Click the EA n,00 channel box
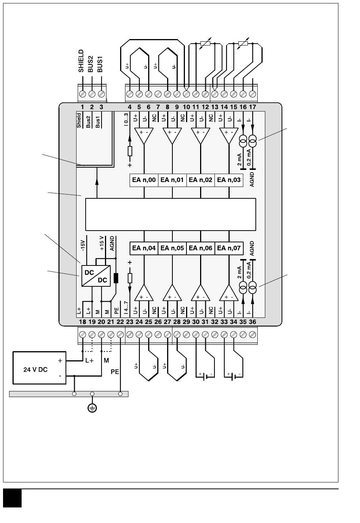pyautogui.click(x=144, y=180)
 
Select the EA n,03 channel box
pyautogui.click(x=229, y=180)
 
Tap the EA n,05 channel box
pyautogui.click(x=172, y=248)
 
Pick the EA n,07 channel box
pyautogui.click(x=229, y=248)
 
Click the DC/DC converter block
pyautogui.click(x=96, y=276)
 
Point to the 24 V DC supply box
pyautogui.click(x=39, y=368)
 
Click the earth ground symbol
pyautogui.click(x=92, y=408)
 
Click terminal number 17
pyautogui.click(x=253, y=107)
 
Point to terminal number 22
pyautogui.click(x=120, y=322)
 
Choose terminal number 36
pyautogui.click(x=252, y=322)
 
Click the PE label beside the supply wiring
pyautogui.click(x=115, y=372)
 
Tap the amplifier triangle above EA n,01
pyautogui.click(x=172, y=135)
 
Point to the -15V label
pyautogui.click(x=83, y=245)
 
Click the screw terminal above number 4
pyautogui.click(x=130, y=94)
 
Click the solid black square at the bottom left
pyautogui.click(x=13, y=498)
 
